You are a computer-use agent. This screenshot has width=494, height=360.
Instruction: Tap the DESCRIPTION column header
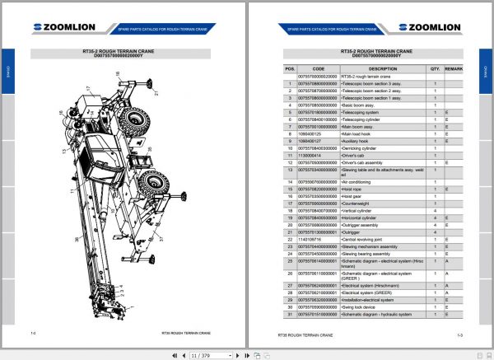click(383, 68)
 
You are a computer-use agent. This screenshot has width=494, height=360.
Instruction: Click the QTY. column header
click(436, 68)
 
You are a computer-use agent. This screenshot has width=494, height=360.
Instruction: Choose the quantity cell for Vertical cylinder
click(436, 210)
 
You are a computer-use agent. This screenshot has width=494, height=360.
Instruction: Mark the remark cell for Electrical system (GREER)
click(448, 292)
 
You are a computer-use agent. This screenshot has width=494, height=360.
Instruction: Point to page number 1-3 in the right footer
click(459, 335)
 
